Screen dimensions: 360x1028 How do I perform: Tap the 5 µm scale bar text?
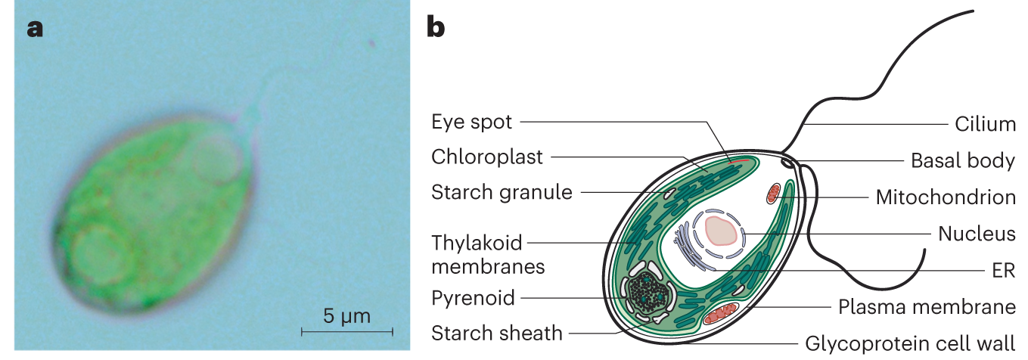[x=347, y=315]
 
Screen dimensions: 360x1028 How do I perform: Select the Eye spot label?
[x=471, y=122]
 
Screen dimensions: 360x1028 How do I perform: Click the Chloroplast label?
[x=487, y=157]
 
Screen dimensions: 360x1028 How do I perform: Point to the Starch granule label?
[x=502, y=192]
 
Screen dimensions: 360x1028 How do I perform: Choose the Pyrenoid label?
[x=473, y=297]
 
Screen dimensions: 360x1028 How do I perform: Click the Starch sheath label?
[x=496, y=332]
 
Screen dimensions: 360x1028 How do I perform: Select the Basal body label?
[x=962, y=160]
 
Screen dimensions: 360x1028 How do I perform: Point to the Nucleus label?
[x=977, y=234]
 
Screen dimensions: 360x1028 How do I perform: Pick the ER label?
[x=1005, y=270]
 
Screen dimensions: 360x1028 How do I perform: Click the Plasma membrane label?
[x=927, y=307]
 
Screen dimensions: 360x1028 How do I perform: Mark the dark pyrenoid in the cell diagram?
[x=647, y=291]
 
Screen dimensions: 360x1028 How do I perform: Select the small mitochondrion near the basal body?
[x=772, y=194]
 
